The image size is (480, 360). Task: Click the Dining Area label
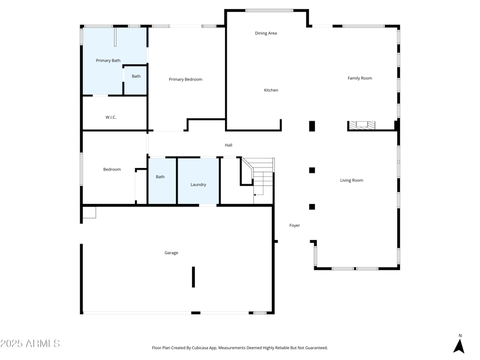pyautogui.click(x=266, y=34)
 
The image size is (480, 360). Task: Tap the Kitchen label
pyautogui.click(x=271, y=91)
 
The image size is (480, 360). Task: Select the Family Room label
pyautogui.click(x=360, y=78)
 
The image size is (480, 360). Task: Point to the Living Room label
pyautogui.click(x=352, y=181)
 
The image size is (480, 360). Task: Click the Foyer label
pyautogui.click(x=295, y=226)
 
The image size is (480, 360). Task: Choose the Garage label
pyautogui.click(x=172, y=253)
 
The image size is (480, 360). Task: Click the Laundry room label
pyautogui.click(x=198, y=185)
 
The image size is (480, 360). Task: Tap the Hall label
pyautogui.click(x=229, y=145)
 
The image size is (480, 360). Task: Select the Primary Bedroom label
pyautogui.click(x=185, y=80)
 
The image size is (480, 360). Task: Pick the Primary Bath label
pyautogui.click(x=108, y=61)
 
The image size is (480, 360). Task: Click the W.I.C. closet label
pyautogui.click(x=111, y=118)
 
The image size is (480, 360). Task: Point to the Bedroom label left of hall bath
pyautogui.click(x=112, y=170)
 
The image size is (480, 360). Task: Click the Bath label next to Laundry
pyautogui.click(x=160, y=177)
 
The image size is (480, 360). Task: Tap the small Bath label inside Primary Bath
pyautogui.click(x=136, y=76)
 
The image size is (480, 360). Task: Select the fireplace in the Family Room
pyautogui.click(x=362, y=125)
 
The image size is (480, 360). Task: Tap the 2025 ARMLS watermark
pyautogui.click(x=30, y=344)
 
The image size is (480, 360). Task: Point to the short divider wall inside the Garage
pyautogui.click(x=193, y=277)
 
